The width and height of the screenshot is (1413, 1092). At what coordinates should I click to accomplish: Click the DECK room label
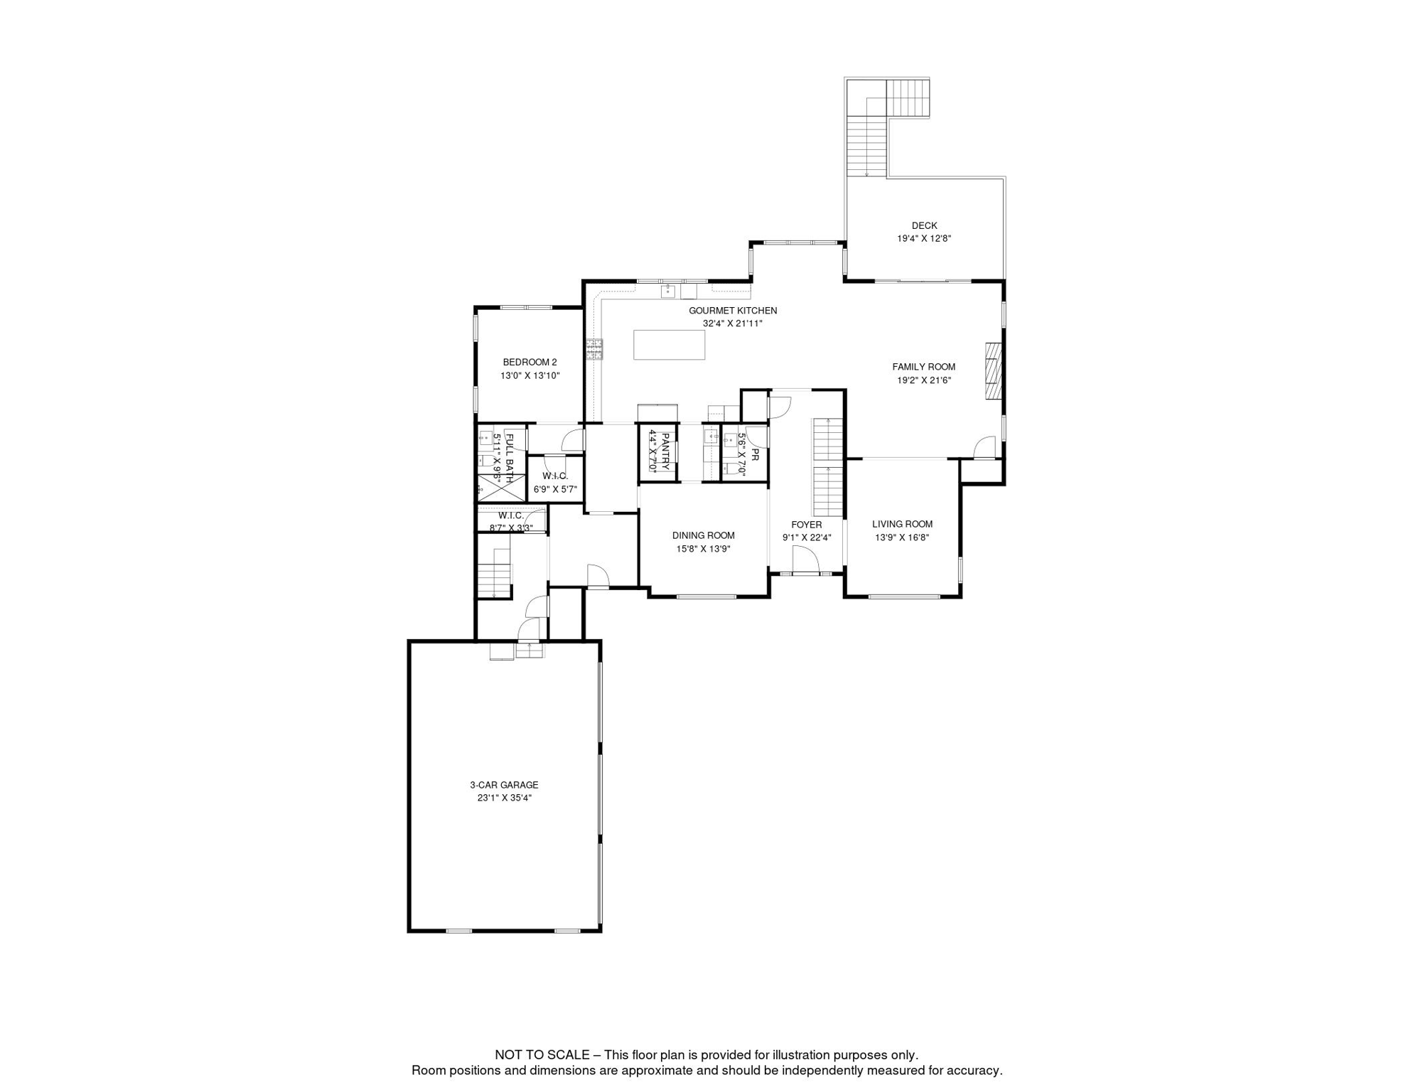click(924, 225)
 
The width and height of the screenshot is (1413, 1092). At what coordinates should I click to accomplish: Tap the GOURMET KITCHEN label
click(733, 311)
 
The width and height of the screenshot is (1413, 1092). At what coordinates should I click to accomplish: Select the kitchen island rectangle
click(669, 345)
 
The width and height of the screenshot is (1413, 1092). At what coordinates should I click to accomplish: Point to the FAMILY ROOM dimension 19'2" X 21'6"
click(924, 380)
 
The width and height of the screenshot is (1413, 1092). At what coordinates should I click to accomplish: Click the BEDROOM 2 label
click(530, 363)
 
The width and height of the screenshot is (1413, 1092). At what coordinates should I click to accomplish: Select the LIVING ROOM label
click(902, 524)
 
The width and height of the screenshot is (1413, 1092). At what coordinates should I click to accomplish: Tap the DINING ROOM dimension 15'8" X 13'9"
click(703, 549)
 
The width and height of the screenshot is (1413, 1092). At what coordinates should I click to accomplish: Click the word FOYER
click(806, 525)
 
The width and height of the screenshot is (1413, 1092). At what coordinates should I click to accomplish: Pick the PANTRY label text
click(666, 451)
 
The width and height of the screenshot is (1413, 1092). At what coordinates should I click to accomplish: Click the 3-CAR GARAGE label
click(504, 785)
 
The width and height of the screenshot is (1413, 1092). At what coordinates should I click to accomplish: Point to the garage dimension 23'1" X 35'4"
click(504, 798)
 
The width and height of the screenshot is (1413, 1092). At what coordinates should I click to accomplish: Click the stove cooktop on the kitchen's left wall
click(594, 349)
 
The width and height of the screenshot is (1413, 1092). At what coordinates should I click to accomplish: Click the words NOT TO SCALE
click(542, 1055)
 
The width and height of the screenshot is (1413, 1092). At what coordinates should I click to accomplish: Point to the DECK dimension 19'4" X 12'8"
click(924, 239)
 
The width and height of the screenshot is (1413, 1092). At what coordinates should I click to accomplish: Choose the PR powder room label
click(755, 454)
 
